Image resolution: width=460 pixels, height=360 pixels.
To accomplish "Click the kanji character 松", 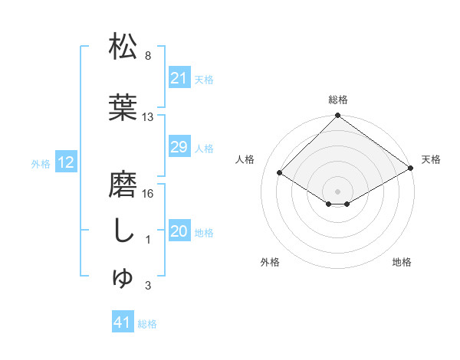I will [123, 47].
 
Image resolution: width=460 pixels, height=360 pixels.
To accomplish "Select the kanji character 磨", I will [123, 185].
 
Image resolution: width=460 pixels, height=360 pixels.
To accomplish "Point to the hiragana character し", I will [123, 231].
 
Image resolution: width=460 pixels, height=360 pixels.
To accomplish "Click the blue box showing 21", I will [179, 78].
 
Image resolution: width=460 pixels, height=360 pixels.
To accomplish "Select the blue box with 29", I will [179, 147].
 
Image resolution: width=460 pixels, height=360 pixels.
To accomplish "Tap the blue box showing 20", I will [179, 232].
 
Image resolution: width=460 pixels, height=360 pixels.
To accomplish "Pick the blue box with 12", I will [65, 162].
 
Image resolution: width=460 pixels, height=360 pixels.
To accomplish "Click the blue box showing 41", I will [123, 323].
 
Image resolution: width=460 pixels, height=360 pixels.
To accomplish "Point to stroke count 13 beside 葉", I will [149, 117].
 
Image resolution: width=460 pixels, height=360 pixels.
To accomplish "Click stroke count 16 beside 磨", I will [149, 194].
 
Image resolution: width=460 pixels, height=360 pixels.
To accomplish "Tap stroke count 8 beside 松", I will [148, 56].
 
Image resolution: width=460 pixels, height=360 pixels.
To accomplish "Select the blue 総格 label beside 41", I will [147, 324].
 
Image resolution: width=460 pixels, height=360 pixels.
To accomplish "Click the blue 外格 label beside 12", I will [40, 163].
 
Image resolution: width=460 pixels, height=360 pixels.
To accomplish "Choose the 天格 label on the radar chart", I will [431, 159].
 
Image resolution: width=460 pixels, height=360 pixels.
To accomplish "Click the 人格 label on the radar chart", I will [245, 159].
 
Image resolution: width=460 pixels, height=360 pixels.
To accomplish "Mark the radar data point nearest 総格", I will [337, 116].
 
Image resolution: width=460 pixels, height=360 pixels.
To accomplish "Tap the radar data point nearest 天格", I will [411, 169].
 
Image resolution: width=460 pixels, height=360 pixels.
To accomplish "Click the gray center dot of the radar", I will [337, 191].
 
